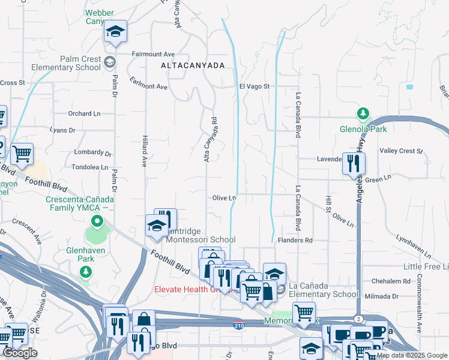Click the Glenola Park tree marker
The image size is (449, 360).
coord(363,113)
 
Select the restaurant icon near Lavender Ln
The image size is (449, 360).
coord(353,162)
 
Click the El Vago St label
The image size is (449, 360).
coord(255,86)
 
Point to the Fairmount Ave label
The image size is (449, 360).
coord(153,53)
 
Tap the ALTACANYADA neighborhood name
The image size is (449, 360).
coord(192,65)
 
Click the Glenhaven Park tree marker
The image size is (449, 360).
coord(86,273)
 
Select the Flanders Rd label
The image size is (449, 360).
coord(295,241)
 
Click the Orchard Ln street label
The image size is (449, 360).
coord(84,113)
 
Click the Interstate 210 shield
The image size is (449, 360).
coord(238,325)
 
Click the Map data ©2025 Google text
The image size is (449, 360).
coord(411,355)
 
